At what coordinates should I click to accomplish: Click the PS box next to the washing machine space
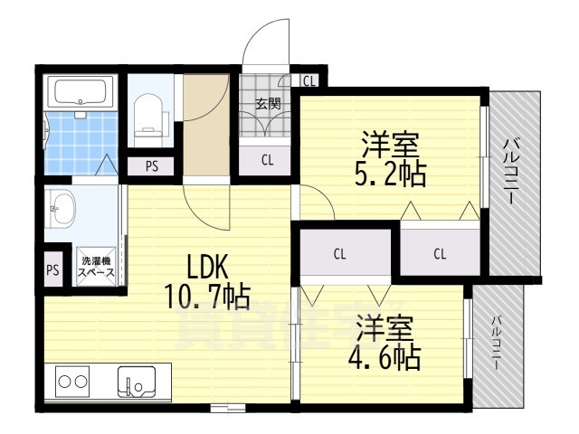pos(53,269)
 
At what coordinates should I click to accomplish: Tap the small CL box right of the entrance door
pos(309,81)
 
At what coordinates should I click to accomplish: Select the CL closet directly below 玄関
pos(268,161)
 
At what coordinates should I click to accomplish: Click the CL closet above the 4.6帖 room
pos(339,254)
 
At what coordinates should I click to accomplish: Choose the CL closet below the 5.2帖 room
pos(440,254)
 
